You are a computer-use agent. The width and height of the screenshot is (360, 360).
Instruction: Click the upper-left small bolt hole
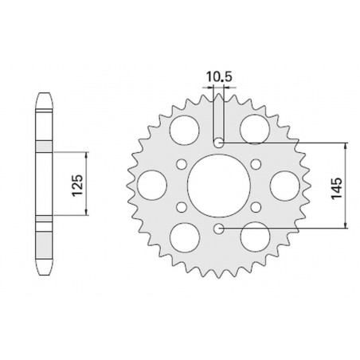(x=182, y=164)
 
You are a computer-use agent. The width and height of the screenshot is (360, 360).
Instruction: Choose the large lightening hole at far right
(x=285, y=186)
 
